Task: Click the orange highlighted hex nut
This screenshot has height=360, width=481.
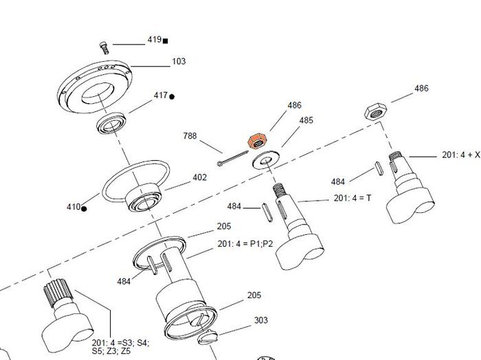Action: [258, 141]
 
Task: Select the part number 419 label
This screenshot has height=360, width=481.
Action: [155, 40]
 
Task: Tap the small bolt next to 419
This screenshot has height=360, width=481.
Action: [104, 48]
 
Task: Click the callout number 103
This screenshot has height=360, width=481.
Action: [179, 61]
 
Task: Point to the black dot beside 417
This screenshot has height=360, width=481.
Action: [172, 97]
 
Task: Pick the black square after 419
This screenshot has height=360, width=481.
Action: [165, 41]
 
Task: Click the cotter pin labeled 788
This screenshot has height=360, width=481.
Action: [232, 158]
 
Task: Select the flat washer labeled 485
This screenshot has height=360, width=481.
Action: [266, 159]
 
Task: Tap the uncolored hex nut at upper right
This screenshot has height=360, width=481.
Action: [375, 111]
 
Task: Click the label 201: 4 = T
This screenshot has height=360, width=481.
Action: [352, 198]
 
